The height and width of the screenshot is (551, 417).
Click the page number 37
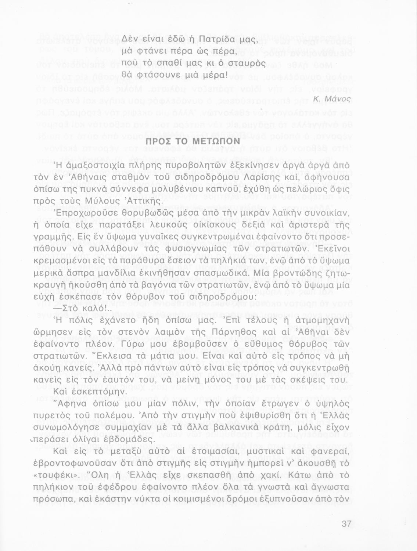[x=346, y=524]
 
